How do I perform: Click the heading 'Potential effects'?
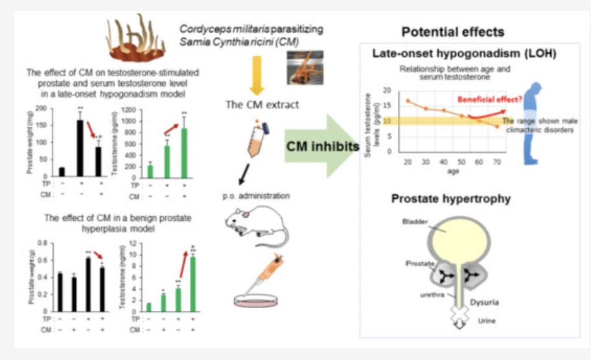tap(453, 32)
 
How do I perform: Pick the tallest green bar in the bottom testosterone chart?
tap(192, 284)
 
